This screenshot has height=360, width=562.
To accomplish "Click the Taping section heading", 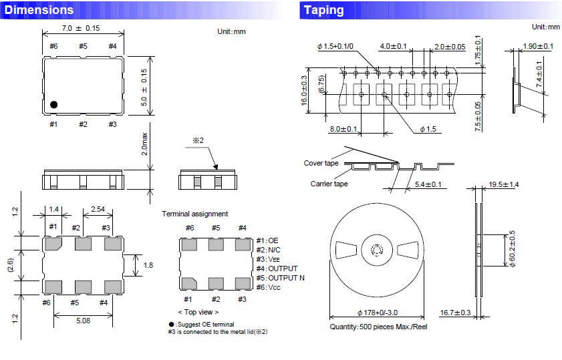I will pyautogui.click(x=323, y=10).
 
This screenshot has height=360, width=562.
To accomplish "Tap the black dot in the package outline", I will pyautogui.click(x=54, y=104).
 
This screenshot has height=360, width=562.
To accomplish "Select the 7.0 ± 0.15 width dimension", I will pyautogui.click(x=80, y=29).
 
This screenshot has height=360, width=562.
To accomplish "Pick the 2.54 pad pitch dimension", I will pyautogui.click(x=97, y=209).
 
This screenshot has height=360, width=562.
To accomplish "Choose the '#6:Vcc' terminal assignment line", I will pyautogui.click(x=271, y=287).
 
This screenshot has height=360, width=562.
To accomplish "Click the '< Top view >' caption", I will pyautogui.click(x=198, y=312).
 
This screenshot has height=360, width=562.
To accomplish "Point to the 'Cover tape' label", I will pyautogui.click(x=321, y=163).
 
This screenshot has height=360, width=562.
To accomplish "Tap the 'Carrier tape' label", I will pyautogui.click(x=329, y=184).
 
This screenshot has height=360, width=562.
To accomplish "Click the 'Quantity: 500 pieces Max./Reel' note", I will pyautogui.click(x=379, y=327).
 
